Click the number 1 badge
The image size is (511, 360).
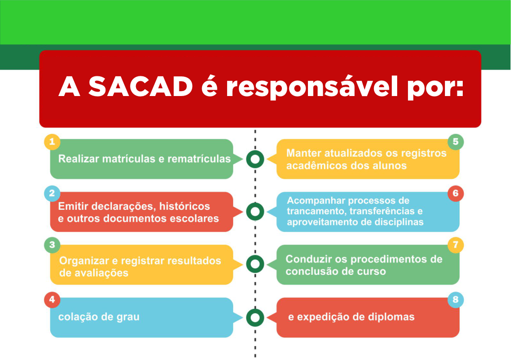pyautogui.click(x=52, y=142)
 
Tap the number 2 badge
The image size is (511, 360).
pyautogui.click(x=52, y=194)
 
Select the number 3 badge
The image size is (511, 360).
pyautogui.click(x=52, y=245)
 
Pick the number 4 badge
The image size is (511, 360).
pyautogui.click(x=52, y=300)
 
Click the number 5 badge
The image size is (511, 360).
pyautogui.click(x=456, y=142)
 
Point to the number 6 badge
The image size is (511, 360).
pyautogui.click(x=456, y=194)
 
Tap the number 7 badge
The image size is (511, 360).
pyautogui.click(x=456, y=245)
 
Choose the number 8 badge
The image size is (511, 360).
pyautogui.click(x=456, y=300)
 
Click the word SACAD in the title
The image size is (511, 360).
pyautogui.click(x=140, y=87)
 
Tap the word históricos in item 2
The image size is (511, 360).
pyautogui.click(x=185, y=206)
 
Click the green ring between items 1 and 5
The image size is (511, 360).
pyautogui.click(x=255, y=159)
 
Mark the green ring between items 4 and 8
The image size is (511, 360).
pyautogui.click(x=255, y=318)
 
